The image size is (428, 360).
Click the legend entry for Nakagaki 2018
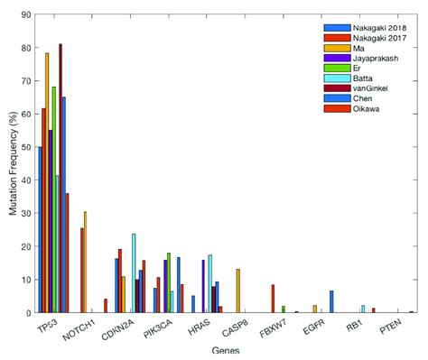point(369,28)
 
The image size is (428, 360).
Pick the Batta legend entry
point(356,79)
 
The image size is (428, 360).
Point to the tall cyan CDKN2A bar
point(134,272)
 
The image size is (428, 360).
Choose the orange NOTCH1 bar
point(86,262)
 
